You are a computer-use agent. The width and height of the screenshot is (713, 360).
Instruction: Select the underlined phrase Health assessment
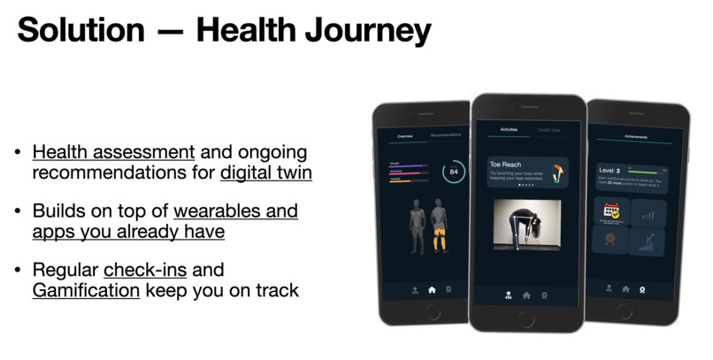113,151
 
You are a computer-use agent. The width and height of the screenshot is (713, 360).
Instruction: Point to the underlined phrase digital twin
266,172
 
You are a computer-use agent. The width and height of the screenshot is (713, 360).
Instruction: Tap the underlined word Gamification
86,289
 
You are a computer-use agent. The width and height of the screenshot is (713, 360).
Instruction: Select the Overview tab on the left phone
404,136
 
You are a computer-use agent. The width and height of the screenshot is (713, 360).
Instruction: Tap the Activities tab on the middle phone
510,130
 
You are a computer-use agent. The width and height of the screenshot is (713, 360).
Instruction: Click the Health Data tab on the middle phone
549,130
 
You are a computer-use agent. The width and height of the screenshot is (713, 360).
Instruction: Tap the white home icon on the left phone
433,288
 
